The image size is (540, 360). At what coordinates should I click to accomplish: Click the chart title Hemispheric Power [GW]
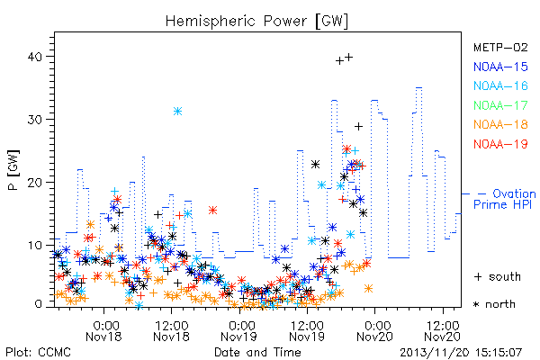256,22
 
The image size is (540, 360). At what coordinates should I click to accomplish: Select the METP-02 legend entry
500,47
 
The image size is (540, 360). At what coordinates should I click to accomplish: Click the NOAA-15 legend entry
500,67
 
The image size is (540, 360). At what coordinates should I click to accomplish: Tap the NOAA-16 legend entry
500,85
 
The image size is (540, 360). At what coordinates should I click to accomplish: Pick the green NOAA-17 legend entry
500,105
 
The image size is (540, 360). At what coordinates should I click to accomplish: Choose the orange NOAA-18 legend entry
500,124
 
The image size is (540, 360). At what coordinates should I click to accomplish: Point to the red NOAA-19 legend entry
500,144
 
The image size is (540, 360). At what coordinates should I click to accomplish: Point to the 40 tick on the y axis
34,57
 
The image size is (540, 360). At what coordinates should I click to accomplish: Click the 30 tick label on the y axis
34,120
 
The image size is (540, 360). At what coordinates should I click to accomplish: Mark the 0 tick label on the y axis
39,304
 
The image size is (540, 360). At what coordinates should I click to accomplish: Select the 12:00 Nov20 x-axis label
443,331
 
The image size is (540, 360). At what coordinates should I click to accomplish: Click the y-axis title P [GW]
13,170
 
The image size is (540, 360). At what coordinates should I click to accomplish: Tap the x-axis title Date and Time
257,353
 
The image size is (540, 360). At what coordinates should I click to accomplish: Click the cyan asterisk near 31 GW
177,111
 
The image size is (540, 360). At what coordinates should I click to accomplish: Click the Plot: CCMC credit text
38,353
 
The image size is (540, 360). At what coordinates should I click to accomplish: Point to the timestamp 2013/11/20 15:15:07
461,353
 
